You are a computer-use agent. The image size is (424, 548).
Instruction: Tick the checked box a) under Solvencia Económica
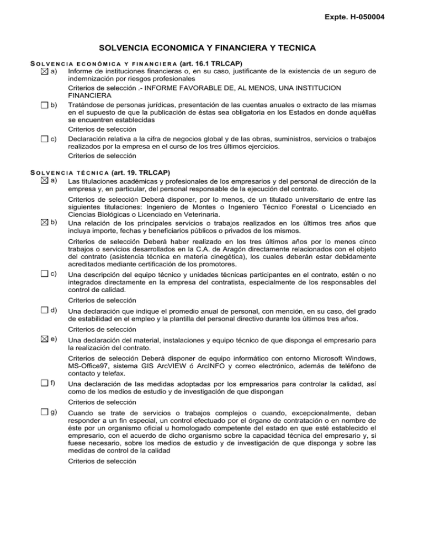[x=52, y=71]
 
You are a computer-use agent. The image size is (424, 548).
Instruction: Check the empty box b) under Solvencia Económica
[x=52, y=104]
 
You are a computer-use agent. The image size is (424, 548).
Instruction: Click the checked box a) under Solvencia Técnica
[x=52, y=181]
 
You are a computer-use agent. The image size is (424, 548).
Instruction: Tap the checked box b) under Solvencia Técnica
[x=52, y=222]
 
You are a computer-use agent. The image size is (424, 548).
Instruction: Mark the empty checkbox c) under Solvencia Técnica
[x=52, y=274]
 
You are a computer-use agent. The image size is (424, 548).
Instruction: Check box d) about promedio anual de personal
[x=52, y=310]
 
